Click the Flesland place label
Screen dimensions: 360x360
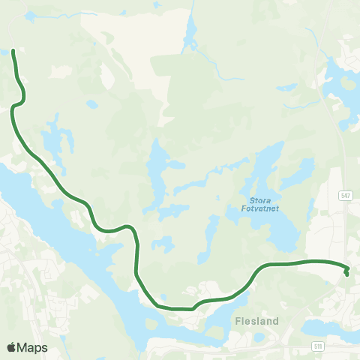(256, 321)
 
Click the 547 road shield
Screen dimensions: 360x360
(344, 194)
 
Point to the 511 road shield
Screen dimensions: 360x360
(319, 346)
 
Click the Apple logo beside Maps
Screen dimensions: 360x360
(11, 347)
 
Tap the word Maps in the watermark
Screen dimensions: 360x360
(32, 347)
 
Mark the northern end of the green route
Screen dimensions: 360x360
(13, 52)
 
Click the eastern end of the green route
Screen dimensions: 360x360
(346, 273)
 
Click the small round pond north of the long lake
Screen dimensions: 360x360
(91, 103)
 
